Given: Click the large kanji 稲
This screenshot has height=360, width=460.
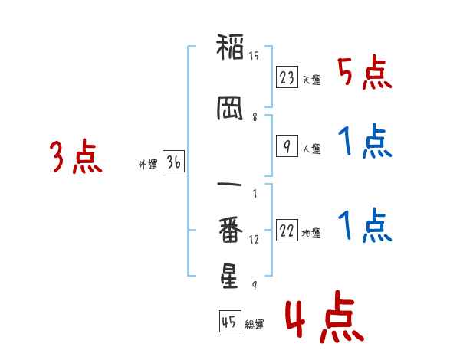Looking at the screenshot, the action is tap(230, 47).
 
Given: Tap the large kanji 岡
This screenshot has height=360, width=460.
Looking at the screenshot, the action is tap(230, 108).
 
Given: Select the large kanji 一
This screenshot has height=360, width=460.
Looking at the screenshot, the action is tap(229, 185).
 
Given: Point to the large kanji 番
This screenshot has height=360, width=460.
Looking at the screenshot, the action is tap(231, 229).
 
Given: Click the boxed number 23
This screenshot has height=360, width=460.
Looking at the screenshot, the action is tap(287, 77).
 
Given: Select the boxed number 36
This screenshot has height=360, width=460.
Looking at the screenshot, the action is tap(174, 162).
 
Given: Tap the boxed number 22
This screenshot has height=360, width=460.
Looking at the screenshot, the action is tap(287, 230).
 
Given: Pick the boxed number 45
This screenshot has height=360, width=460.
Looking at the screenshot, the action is tap(230, 321).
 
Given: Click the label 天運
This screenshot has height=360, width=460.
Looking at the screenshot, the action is tap(312, 80).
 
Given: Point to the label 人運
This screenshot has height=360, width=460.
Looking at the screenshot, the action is tap(312, 149).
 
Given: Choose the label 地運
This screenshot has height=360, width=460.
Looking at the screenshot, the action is tap(311, 234).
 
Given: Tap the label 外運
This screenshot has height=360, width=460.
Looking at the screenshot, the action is tap(148, 165).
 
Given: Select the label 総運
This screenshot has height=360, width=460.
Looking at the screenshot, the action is tap(255, 324).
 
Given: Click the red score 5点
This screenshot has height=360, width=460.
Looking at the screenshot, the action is tap(364, 72).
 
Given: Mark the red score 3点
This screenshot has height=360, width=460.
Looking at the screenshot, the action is tap(76, 156).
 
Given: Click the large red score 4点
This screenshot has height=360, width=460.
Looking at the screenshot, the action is tap(325, 316).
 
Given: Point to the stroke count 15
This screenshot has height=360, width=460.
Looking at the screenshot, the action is tap(254, 55).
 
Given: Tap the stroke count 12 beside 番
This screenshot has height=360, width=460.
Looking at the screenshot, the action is tap(254, 240).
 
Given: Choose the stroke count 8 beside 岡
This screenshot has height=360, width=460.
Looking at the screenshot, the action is tap(255, 117).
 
